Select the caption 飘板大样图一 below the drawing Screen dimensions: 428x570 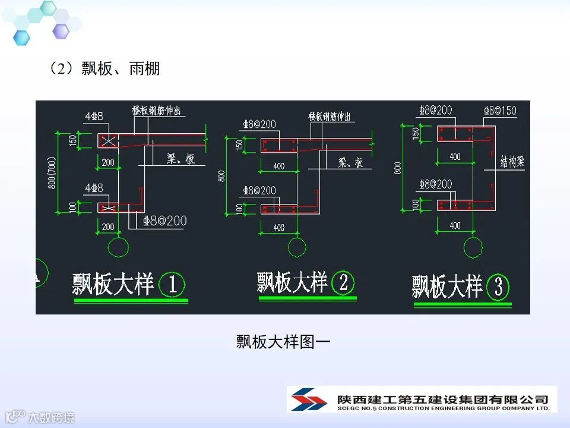[x=283, y=342]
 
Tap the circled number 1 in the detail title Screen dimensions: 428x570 [x=172, y=285]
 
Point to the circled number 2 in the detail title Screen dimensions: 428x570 [x=343, y=282]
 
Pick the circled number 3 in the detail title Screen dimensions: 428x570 [x=498, y=288]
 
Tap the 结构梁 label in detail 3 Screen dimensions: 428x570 [x=512, y=162]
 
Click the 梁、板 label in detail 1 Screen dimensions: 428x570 [x=180, y=160]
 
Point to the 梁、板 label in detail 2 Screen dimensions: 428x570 [x=350, y=162]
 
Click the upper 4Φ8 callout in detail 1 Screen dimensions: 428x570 [x=94, y=117]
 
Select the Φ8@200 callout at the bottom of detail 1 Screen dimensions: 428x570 [x=164, y=221]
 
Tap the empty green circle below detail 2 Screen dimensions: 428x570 [x=297, y=247]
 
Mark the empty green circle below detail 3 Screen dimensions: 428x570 [x=473, y=247]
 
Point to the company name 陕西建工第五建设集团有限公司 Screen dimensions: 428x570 [x=442, y=398]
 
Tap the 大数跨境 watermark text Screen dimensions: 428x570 [x=53, y=417]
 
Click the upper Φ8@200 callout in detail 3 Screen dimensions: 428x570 [x=435, y=111]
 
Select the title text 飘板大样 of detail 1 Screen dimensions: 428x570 [x=113, y=285]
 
